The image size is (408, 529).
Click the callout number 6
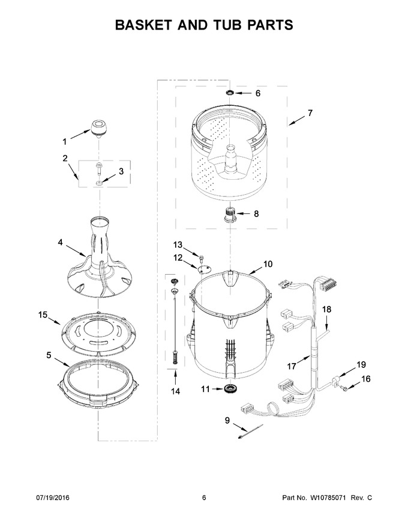click(258, 93)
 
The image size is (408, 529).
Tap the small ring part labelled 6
click(230, 93)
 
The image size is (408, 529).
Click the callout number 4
click(60, 242)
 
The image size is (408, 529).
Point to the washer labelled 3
click(100, 183)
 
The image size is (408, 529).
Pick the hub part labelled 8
click(230, 214)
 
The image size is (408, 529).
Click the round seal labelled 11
click(230, 389)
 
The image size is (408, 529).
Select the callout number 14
click(175, 391)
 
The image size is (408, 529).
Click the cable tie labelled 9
click(250, 432)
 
